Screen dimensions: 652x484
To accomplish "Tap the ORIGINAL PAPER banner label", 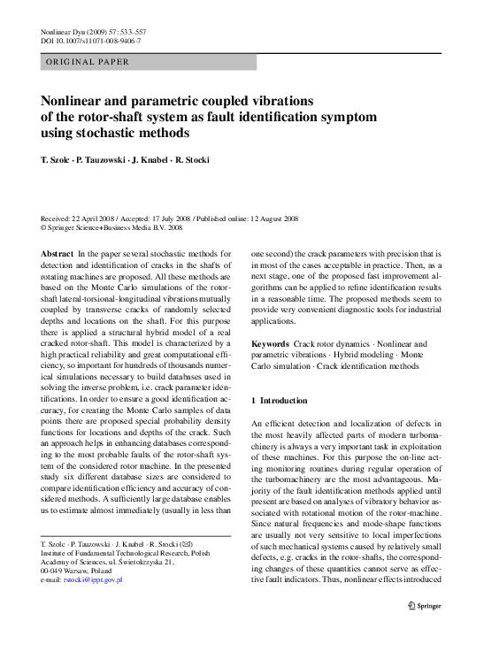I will click(88, 62).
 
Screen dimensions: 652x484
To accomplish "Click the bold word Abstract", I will click(58, 253).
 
